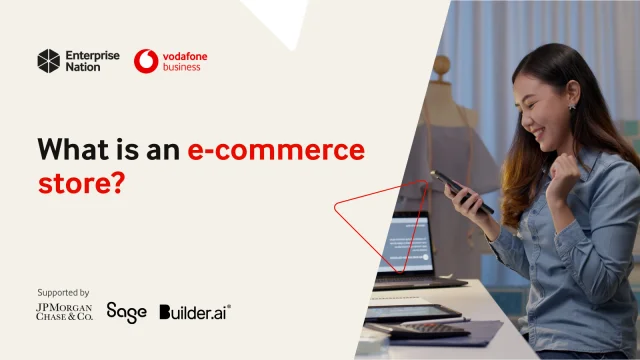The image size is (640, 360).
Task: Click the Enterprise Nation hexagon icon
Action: click(x=49, y=61)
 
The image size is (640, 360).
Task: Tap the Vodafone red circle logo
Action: click(x=146, y=61)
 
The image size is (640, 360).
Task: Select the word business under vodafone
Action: click(x=182, y=68)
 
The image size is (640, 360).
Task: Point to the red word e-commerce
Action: click(x=276, y=151)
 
